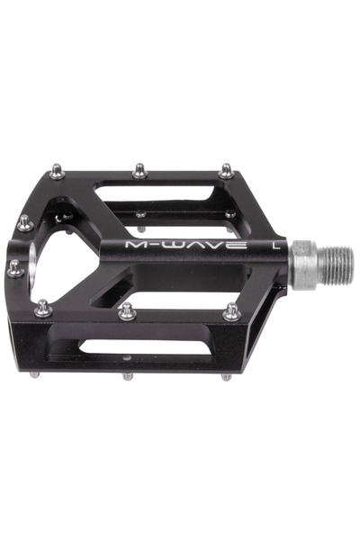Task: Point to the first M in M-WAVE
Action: pyautogui.click(x=136, y=244)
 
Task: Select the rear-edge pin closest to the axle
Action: pyautogui.click(x=226, y=170)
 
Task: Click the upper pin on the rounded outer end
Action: pyautogui.click(x=23, y=222)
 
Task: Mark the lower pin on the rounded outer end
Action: pyautogui.click(x=15, y=267)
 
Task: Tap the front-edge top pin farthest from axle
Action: pyautogui.click(x=42, y=309)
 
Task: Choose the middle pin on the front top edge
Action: pyautogui.click(x=127, y=311)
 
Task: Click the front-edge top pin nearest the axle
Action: pyautogui.click(x=231, y=311)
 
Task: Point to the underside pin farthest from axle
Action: pyautogui.click(x=35, y=373)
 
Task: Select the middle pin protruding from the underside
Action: pyautogui.click(x=127, y=376)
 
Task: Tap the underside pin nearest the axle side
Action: pyautogui.click(x=226, y=376)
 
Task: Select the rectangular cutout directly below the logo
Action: pyautogui.click(x=180, y=290)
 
